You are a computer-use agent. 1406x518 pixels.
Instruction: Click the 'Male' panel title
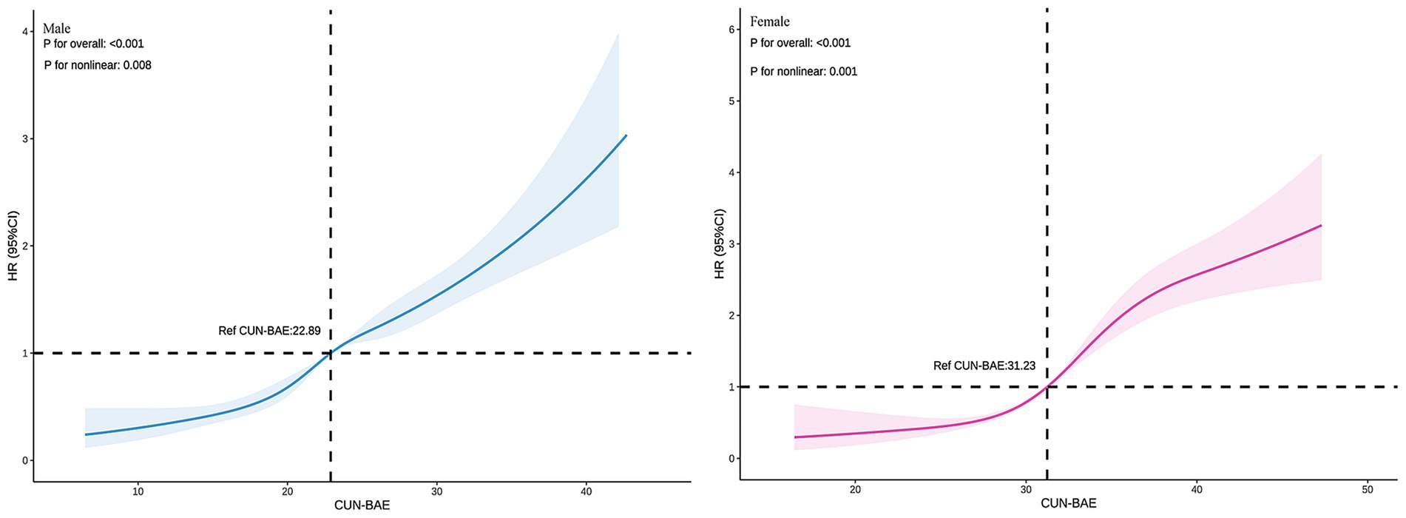[56, 29]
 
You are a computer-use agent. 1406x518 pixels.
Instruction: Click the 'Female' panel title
[769, 21]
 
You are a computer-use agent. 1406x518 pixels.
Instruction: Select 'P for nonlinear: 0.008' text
[98, 65]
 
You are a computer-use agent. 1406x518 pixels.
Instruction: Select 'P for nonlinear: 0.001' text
[803, 72]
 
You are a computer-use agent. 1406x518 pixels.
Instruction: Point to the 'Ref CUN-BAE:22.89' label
[269, 331]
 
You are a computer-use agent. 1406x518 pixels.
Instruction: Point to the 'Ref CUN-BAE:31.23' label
[984, 366]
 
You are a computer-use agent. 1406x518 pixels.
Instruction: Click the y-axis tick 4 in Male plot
[25, 32]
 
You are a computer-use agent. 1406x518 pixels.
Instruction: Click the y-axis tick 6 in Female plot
[731, 29]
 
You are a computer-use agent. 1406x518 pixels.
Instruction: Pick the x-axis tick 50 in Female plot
[1367, 489]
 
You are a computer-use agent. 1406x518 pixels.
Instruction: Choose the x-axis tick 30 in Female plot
[1025, 489]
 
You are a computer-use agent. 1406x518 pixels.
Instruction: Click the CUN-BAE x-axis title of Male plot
[362, 506]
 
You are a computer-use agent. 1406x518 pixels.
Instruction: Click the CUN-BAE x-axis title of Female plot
[1068, 504]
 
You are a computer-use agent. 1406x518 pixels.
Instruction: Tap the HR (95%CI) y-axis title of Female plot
[720, 244]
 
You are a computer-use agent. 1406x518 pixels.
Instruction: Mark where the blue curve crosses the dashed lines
[330, 353]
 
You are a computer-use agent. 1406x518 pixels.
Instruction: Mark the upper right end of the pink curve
[1320, 226]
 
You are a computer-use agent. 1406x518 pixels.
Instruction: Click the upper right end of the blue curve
[626, 135]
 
